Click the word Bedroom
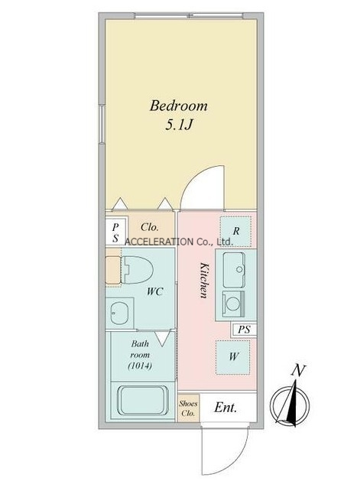point(179,106)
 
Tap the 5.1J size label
point(179,125)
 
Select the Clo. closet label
point(150,227)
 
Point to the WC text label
point(154,291)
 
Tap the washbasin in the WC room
point(118,313)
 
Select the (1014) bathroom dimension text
point(140,366)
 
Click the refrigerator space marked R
point(235,232)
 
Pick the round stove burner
point(232,304)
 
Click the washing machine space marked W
point(233,357)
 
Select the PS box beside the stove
point(244,330)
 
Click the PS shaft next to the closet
point(115,232)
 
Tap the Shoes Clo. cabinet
point(188,408)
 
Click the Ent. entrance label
point(225,408)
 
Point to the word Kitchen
point(203,280)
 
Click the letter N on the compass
point(298,370)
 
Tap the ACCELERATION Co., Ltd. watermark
point(178,242)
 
